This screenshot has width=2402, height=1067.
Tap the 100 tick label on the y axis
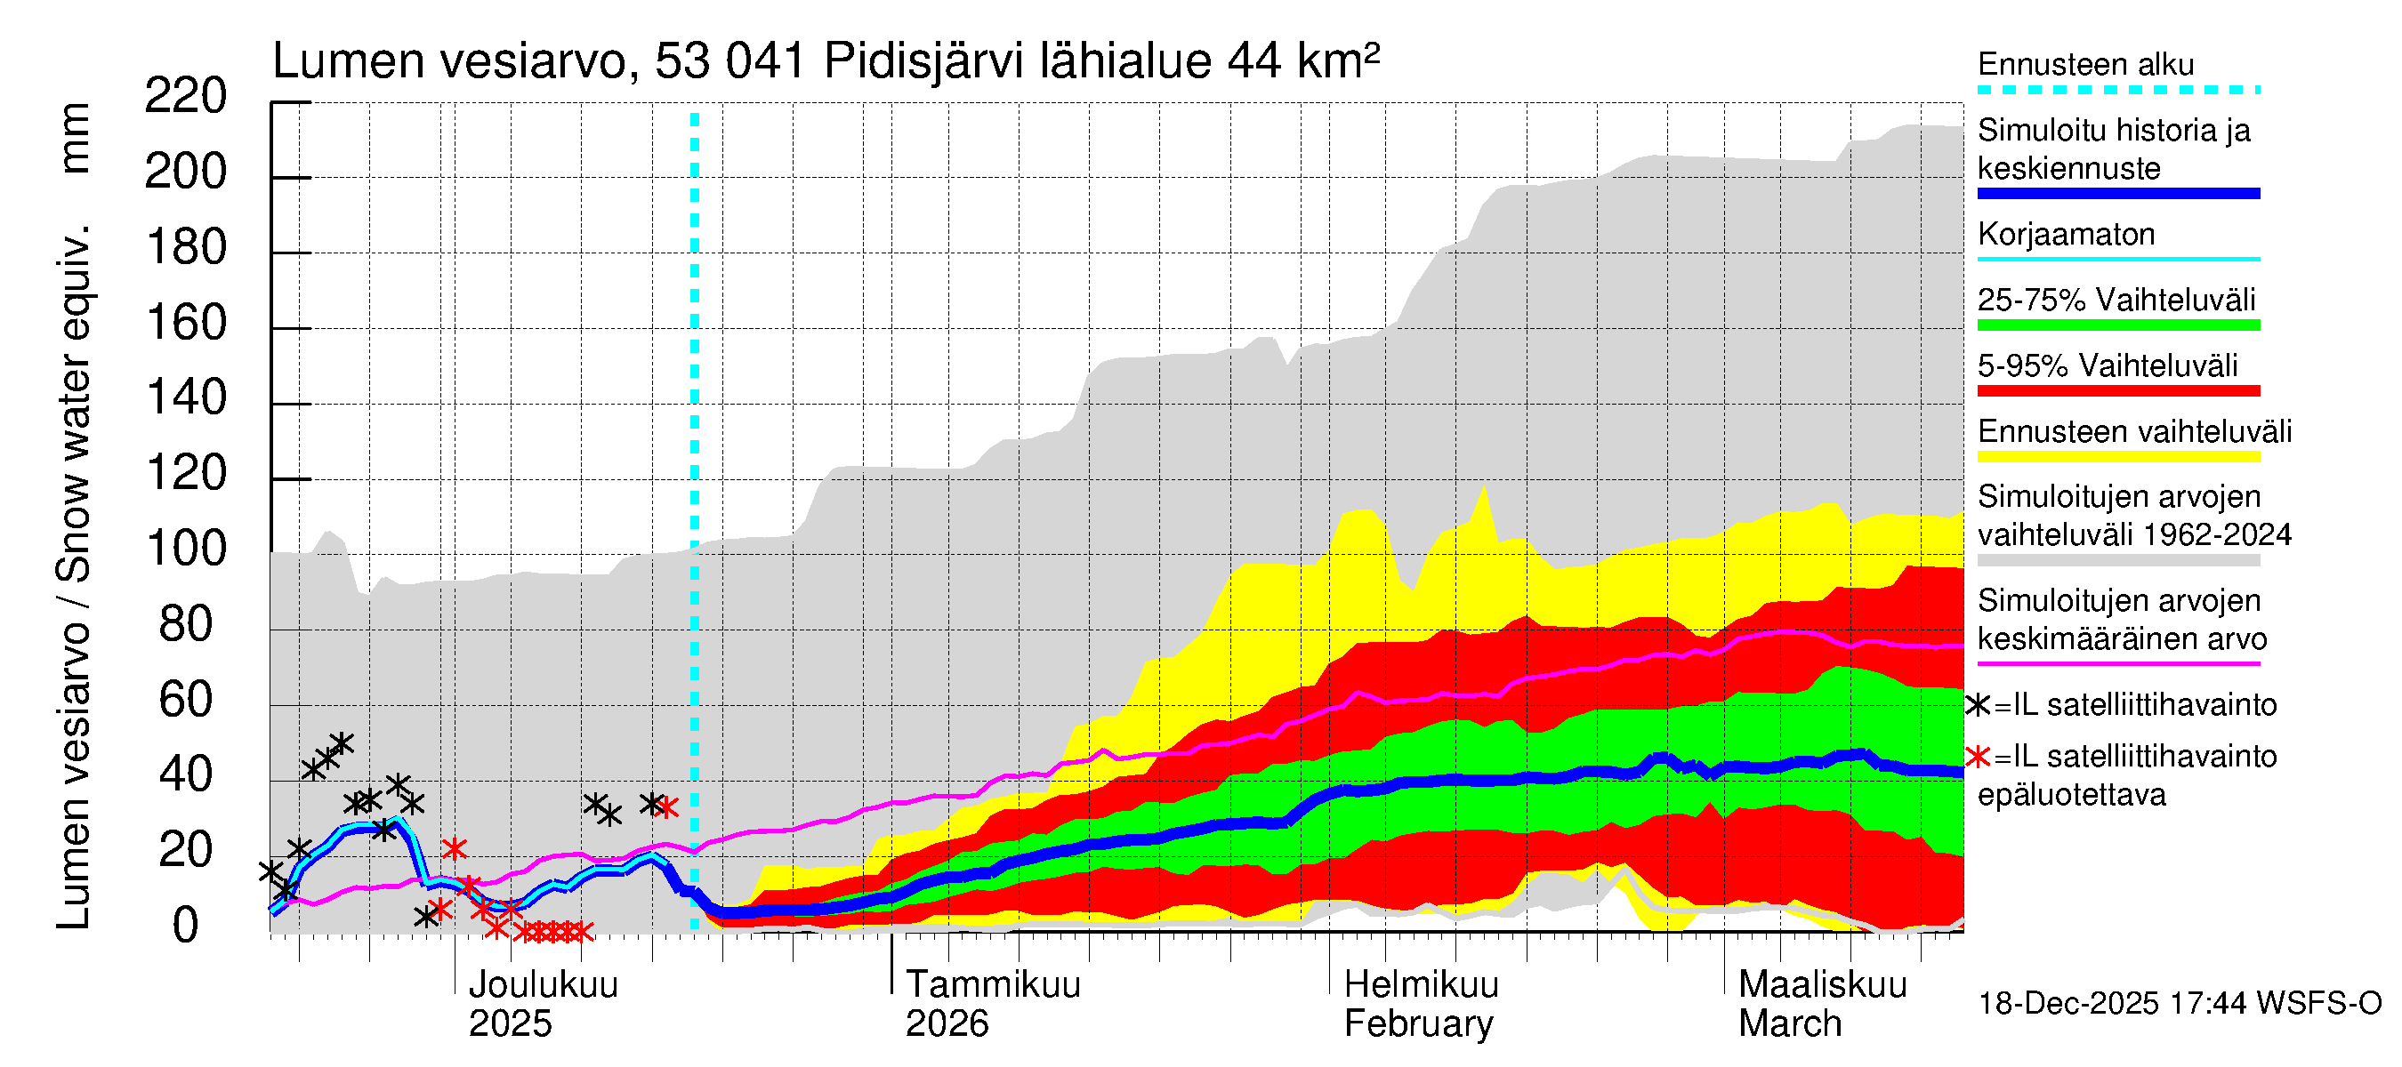[x=186, y=549]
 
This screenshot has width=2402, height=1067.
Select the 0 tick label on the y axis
[x=186, y=926]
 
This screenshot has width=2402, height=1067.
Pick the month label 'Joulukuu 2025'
[x=542, y=1004]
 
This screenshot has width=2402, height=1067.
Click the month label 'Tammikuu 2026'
[x=992, y=1004]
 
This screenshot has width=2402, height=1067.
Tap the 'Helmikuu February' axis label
[x=1420, y=1004]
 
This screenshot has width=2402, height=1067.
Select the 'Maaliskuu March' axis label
[x=1822, y=1004]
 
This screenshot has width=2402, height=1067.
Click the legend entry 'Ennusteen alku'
[x=2085, y=65]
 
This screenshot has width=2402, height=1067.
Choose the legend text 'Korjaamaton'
[x=2066, y=235]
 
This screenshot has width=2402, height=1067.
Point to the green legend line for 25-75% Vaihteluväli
[x=2117, y=325]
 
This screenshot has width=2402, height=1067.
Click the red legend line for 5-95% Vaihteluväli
[x=2117, y=391]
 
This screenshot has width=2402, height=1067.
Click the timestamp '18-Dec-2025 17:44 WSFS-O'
[x=2179, y=1004]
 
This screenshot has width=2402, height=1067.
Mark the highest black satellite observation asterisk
[x=342, y=743]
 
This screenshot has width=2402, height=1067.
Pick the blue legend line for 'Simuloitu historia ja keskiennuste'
[x=2117, y=194]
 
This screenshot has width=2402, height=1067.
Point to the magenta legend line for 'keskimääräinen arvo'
[x=2117, y=663]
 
